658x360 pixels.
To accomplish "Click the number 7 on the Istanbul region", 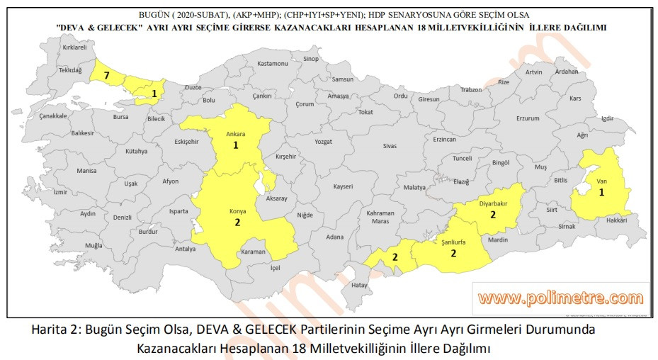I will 106,75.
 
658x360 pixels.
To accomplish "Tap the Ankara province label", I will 235,133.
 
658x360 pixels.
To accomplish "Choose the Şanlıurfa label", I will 453,242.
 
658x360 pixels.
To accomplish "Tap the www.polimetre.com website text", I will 560,298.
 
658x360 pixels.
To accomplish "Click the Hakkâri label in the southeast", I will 617,220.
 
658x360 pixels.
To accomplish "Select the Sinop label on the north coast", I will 311,59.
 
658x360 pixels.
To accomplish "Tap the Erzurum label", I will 528,118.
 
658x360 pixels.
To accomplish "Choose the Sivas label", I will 390,145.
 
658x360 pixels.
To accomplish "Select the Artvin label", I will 533,72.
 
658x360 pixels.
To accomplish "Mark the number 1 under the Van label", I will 601,192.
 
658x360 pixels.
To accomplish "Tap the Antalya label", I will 186,249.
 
